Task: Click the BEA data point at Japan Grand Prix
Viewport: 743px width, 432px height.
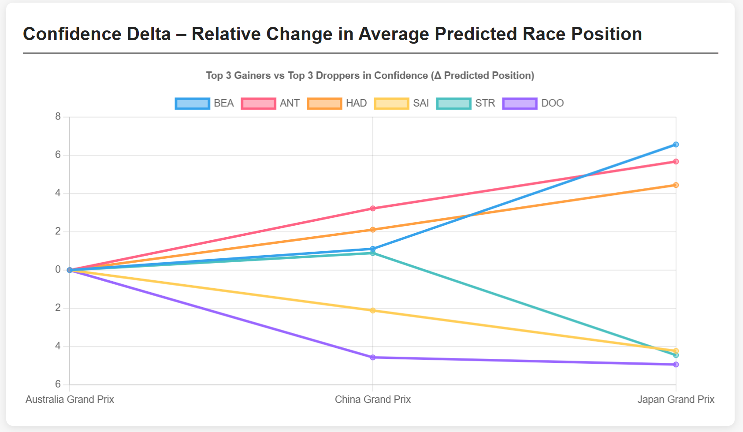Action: click(x=676, y=145)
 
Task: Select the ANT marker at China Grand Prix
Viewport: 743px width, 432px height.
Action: click(x=373, y=209)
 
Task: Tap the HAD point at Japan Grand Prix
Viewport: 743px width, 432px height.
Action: click(x=676, y=185)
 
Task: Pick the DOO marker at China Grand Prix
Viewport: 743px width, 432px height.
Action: click(x=373, y=358)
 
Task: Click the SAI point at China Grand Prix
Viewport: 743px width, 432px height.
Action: click(x=373, y=311)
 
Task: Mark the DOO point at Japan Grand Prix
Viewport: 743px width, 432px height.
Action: click(x=676, y=365)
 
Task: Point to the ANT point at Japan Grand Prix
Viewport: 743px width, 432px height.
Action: click(x=676, y=162)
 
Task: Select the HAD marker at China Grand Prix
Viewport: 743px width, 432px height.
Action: click(x=373, y=230)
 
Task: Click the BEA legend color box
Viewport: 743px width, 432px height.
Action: click(x=192, y=104)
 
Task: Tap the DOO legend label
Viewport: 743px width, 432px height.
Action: click(x=552, y=104)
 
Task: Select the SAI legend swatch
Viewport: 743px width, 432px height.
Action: click(x=391, y=104)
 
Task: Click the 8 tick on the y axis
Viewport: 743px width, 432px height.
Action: click(x=58, y=117)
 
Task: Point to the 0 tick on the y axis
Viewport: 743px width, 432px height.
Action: click(x=58, y=269)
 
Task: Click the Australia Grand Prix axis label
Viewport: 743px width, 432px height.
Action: click(x=70, y=399)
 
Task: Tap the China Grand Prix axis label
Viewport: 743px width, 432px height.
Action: click(x=373, y=399)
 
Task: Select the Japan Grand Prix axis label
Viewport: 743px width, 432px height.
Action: click(x=676, y=399)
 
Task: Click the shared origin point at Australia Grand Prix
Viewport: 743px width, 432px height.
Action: click(x=70, y=270)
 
